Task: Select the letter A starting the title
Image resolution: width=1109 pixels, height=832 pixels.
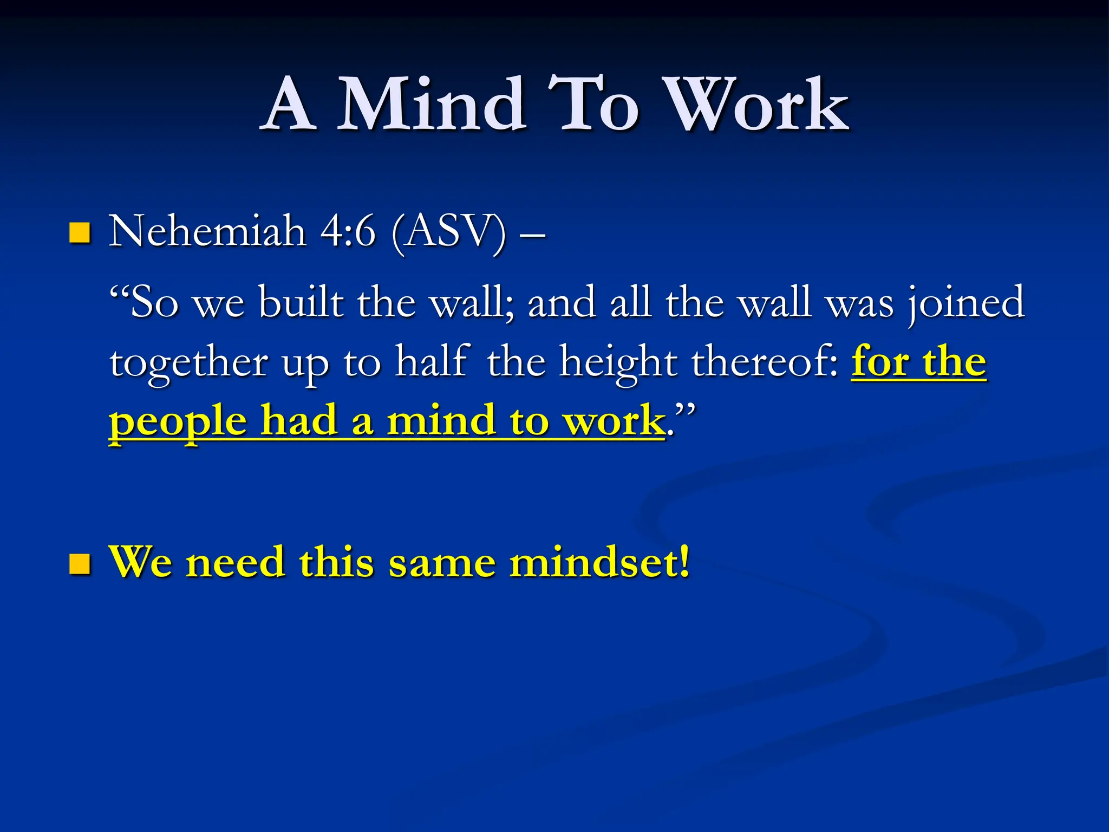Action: click(x=290, y=106)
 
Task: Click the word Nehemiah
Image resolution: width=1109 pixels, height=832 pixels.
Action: click(x=207, y=232)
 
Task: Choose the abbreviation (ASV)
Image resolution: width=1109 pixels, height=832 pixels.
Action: click(x=449, y=233)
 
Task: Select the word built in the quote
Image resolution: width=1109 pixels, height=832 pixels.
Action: click(x=301, y=302)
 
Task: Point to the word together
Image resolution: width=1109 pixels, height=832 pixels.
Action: click(x=188, y=363)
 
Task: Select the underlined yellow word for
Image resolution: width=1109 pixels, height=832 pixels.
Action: click(x=880, y=361)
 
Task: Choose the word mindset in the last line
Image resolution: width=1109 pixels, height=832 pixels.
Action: click(x=599, y=562)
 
